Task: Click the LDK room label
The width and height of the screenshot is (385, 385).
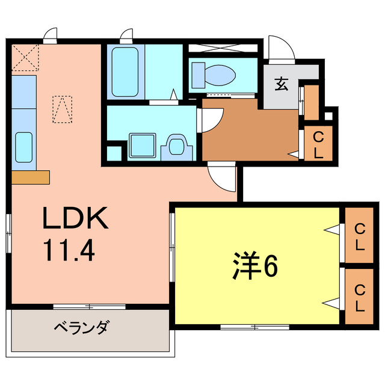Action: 75,218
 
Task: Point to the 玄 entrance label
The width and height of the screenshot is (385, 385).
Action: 281,84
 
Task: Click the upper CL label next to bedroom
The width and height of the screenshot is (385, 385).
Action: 359,236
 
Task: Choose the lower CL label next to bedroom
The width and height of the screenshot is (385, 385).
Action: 359,298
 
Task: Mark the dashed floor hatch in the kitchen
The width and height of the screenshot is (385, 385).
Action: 62,109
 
